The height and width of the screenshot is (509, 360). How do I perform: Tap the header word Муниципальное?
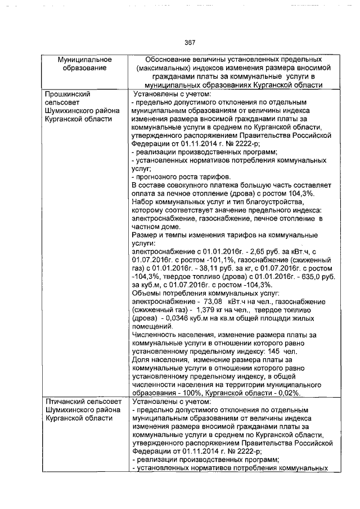click(85, 60)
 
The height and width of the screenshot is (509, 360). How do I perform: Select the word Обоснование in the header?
click(170, 60)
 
